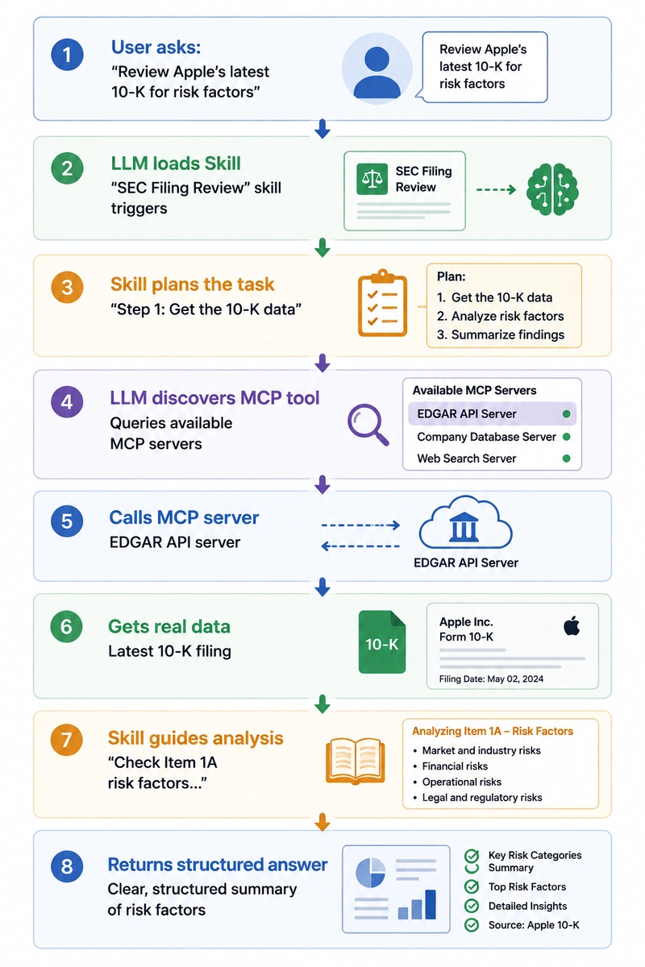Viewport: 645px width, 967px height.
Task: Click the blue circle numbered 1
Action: [x=67, y=55]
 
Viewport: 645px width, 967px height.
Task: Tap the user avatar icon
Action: [x=377, y=69]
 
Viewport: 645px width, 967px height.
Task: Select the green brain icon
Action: [x=552, y=189]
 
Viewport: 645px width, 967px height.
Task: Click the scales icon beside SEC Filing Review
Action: [x=372, y=179]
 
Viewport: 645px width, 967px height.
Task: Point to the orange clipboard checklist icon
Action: [x=383, y=303]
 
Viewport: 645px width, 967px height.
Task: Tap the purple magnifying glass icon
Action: [x=368, y=425]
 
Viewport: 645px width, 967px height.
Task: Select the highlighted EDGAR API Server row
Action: [x=492, y=414]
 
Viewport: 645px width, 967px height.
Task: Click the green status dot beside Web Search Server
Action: [x=566, y=459]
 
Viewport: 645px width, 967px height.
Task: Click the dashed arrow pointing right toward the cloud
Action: [x=360, y=525]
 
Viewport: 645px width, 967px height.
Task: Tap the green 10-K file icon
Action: [x=382, y=641]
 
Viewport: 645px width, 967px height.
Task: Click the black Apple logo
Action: [x=572, y=626]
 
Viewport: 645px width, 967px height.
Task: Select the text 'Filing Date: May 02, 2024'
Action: [x=491, y=679]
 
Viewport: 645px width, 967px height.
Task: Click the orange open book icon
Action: [x=355, y=761]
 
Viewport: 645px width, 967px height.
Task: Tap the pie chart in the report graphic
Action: [x=370, y=872]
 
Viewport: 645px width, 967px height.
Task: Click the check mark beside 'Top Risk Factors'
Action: [x=472, y=886]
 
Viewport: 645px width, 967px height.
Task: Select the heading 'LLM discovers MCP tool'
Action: [x=214, y=397]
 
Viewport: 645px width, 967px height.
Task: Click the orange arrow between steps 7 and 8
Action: [x=322, y=822]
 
